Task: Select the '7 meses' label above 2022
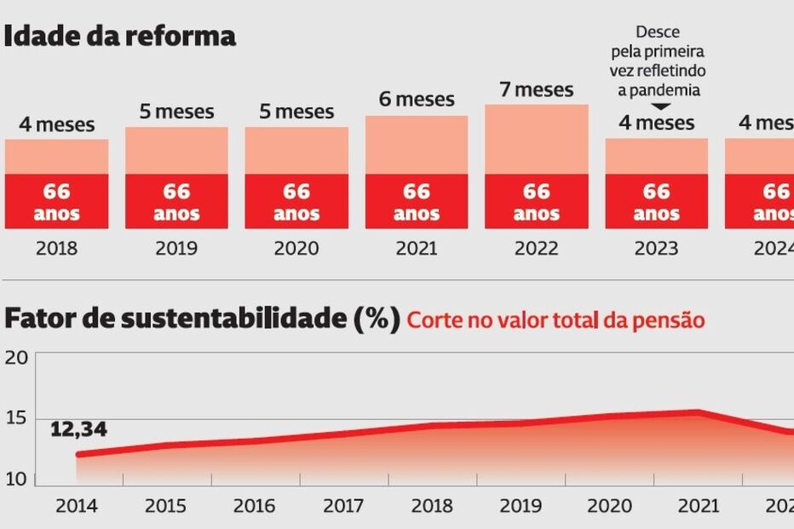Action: click(537, 89)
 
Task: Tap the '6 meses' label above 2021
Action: click(417, 100)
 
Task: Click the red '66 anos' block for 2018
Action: click(57, 202)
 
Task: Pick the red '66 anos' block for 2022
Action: click(537, 202)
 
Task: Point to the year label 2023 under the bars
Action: click(657, 248)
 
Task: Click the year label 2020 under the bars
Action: click(296, 248)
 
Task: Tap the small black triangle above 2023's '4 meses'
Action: click(656, 106)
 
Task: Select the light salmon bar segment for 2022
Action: click(537, 140)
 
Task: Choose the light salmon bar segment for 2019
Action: click(176, 151)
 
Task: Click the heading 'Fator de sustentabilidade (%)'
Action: click(202, 319)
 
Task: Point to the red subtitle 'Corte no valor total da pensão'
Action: click(555, 321)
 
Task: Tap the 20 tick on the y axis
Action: click(17, 357)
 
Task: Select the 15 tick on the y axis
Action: click(17, 418)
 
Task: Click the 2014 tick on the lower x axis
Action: click(77, 506)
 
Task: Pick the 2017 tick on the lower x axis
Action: click(344, 506)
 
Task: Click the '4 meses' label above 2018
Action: click(57, 125)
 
